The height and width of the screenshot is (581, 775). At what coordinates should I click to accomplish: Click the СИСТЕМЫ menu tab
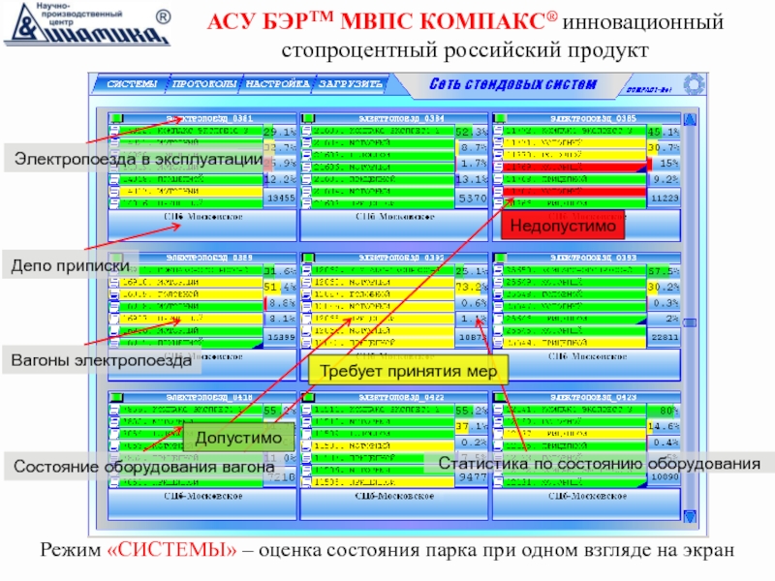(x=131, y=84)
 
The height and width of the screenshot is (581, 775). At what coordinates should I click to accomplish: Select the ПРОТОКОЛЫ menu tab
(x=203, y=84)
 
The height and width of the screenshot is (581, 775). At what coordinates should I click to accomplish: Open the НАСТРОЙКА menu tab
(x=276, y=84)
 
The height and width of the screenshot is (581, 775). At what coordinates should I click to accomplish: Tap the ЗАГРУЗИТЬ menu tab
(x=350, y=84)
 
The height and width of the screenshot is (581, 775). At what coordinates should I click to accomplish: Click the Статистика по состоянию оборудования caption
(x=599, y=465)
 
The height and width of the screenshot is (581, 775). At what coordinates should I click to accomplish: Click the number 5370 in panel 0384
(x=472, y=198)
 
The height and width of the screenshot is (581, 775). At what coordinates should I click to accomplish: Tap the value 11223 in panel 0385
(x=664, y=198)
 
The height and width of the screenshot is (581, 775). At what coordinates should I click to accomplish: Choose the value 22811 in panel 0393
(x=664, y=337)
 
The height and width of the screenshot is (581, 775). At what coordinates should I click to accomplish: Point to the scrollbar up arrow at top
(x=691, y=121)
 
